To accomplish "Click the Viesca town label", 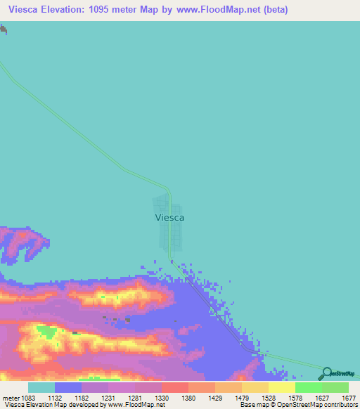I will click(169, 218).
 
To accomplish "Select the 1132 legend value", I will click(68, 398).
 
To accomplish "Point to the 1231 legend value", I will click(108, 398).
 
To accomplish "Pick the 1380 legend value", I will click(188, 398).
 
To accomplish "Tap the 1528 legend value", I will click(269, 398).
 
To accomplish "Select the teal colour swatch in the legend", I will click(41, 387).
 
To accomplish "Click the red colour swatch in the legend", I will click(174, 387).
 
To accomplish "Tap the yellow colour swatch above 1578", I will click(281, 387).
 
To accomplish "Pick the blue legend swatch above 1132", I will click(67, 387).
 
